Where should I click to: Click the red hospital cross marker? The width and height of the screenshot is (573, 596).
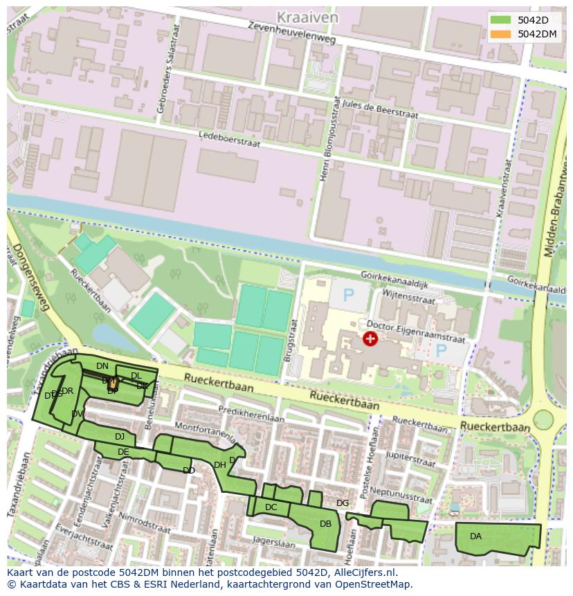(x=370, y=338)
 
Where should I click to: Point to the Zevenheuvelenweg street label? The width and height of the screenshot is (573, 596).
(x=295, y=31)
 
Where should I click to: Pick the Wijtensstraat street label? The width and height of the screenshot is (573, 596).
(x=406, y=298)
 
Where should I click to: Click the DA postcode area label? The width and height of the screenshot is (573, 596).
(x=475, y=536)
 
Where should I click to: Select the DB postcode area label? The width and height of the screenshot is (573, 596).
(x=325, y=524)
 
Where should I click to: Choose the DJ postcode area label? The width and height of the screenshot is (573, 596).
(x=120, y=437)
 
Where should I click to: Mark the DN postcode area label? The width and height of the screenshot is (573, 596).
(x=102, y=365)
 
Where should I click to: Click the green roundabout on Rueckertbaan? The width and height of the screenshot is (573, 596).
(x=543, y=419)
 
